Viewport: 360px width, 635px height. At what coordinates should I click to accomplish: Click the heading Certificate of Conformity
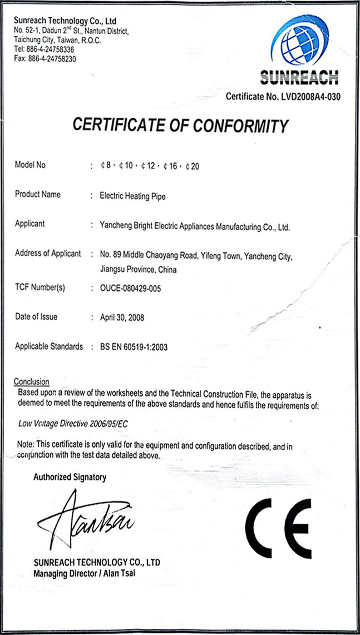[181, 126]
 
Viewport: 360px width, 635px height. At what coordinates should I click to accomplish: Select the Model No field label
[31, 165]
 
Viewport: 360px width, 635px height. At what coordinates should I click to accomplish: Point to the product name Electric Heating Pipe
[132, 196]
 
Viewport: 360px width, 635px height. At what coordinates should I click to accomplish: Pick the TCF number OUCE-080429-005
[130, 288]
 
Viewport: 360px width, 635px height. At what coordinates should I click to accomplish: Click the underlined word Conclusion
[31, 382]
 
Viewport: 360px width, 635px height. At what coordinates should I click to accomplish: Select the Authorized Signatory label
[70, 477]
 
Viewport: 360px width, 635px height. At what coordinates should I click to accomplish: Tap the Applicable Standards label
[49, 346]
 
